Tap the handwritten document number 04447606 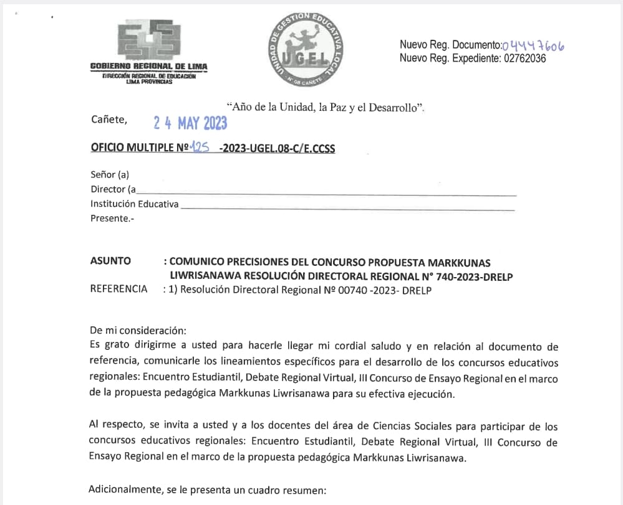point(534,44)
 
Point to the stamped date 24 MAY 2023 point(190,123)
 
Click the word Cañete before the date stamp point(109,119)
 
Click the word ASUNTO point(110,261)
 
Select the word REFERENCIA point(119,289)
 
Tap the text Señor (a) point(110,175)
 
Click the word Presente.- point(112,218)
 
